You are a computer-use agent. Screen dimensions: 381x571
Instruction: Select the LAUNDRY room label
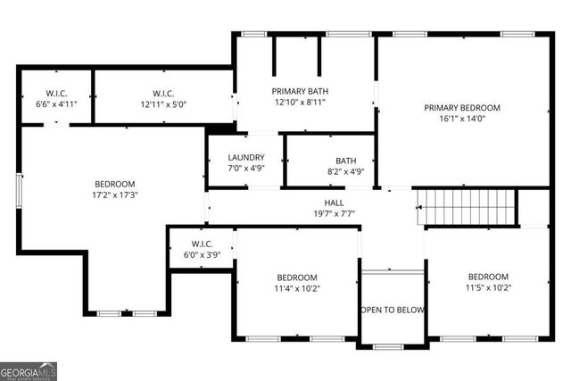click(245, 158)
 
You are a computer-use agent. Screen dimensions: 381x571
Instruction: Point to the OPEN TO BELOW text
click(392, 310)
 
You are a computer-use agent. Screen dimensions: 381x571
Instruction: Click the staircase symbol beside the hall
click(468, 208)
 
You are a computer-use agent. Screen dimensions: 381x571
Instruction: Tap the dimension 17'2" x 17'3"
click(114, 195)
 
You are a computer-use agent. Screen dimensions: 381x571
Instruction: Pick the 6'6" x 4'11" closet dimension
click(56, 104)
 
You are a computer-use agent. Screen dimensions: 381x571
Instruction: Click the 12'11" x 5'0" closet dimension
click(163, 104)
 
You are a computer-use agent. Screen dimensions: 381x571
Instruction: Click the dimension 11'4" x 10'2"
click(296, 287)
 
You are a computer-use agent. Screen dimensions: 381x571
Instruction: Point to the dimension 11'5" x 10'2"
click(488, 287)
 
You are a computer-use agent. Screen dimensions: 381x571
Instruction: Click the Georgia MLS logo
click(29, 369)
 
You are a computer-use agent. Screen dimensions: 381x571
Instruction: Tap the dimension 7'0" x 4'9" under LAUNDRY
click(245, 168)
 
